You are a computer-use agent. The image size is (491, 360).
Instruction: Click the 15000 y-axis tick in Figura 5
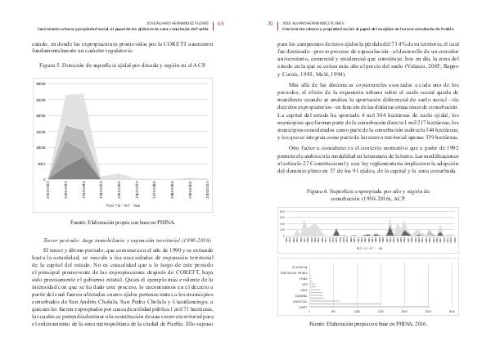pos(40,132)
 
